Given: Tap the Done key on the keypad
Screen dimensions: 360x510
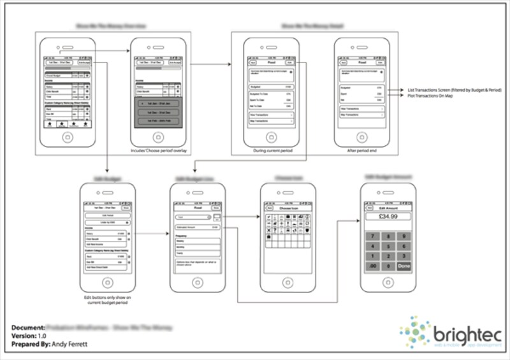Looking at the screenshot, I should click(x=404, y=266).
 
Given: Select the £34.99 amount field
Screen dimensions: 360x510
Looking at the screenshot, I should click(x=388, y=217).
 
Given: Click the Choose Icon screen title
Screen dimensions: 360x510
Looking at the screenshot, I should click(x=288, y=208).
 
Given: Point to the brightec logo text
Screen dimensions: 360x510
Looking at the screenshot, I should click(x=467, y=334).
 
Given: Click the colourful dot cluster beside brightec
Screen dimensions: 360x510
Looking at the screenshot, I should click(x=416, y=331).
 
